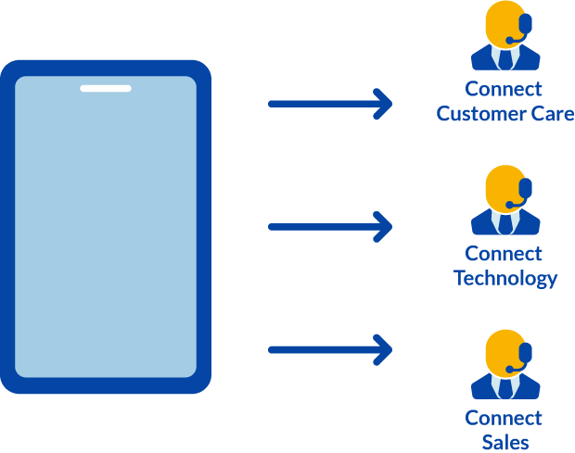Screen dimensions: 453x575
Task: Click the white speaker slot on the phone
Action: point(105,89)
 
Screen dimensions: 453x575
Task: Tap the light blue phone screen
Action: point(105,232)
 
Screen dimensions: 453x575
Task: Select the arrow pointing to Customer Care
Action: point(329,103)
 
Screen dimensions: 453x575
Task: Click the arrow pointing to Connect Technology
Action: point(329,226)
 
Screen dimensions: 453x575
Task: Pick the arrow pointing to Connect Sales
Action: point(329,349)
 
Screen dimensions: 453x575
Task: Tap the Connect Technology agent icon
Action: point(505,201)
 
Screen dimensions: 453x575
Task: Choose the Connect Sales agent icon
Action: point(505,364)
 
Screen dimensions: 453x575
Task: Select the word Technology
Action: point(505,278)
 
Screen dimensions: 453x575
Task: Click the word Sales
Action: point(505,441)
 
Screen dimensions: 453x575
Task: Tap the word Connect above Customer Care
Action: point(504,90)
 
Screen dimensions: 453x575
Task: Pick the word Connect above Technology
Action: point(504,254)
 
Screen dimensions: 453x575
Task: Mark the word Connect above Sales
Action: point(504,418)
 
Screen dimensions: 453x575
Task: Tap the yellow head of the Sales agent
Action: point(504,348)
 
